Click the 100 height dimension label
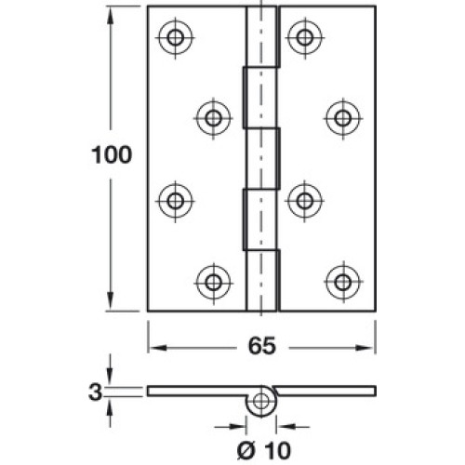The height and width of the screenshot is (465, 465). coord(112,155)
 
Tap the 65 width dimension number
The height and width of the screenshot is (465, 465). coord(261,346)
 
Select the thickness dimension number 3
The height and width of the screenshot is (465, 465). coord(95,392)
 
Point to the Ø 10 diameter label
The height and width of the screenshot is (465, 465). coord(264,450)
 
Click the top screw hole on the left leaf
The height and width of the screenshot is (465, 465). coord(176,37)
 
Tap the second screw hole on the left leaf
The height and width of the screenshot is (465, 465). coord(213,118)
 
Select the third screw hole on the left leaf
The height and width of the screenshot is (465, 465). coord(176,201)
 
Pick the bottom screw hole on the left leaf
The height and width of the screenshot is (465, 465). coord(213,282)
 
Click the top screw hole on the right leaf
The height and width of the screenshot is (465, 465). coord(305,37)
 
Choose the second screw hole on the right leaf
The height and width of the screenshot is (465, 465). coord(343,118)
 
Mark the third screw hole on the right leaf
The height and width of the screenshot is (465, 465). coord(305,201)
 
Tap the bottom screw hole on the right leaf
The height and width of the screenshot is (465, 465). coord(343,282)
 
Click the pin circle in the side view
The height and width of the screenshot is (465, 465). coord(261,401)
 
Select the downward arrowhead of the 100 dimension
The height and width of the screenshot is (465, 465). coord(110,301)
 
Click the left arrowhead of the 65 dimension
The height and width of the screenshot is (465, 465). coord(157,348)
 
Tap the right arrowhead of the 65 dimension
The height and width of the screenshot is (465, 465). coord(365,348)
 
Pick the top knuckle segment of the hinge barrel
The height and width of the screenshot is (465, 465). coord(262,36)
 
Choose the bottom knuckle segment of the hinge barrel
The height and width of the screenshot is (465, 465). coord(262,281)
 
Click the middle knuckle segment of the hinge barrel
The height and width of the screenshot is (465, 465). coord(262,158)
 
